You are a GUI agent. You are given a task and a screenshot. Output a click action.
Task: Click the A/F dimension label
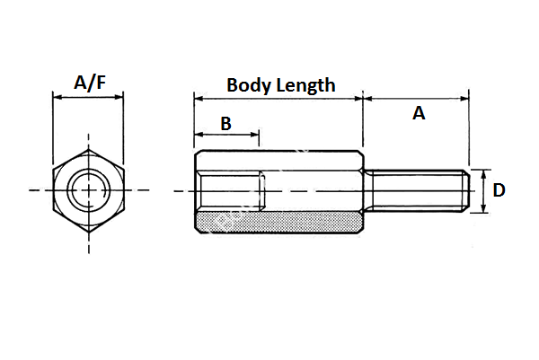click(88, 83)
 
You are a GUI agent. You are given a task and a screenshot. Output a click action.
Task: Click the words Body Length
click(280, 85)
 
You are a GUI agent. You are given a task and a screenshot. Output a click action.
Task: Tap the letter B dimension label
click(225, 124)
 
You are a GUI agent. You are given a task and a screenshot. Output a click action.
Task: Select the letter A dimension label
click(418, 113)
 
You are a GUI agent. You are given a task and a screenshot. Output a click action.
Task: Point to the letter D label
click(499, 189)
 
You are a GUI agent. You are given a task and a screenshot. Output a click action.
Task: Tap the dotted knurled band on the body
click(278, 220)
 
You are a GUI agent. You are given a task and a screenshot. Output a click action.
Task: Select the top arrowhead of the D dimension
click(485, 172)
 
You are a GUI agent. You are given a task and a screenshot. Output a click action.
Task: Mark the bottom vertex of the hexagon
click(88, 233)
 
